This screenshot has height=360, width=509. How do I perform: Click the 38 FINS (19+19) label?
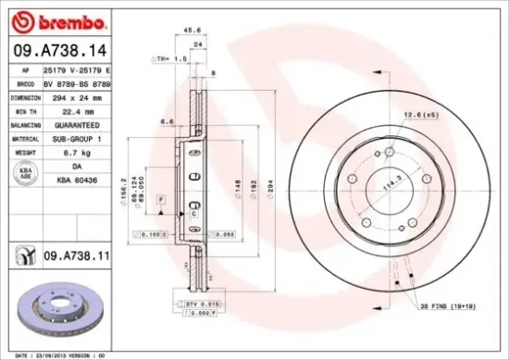coord(447,304)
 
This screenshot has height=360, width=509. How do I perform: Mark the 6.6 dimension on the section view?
coord(168,121)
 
